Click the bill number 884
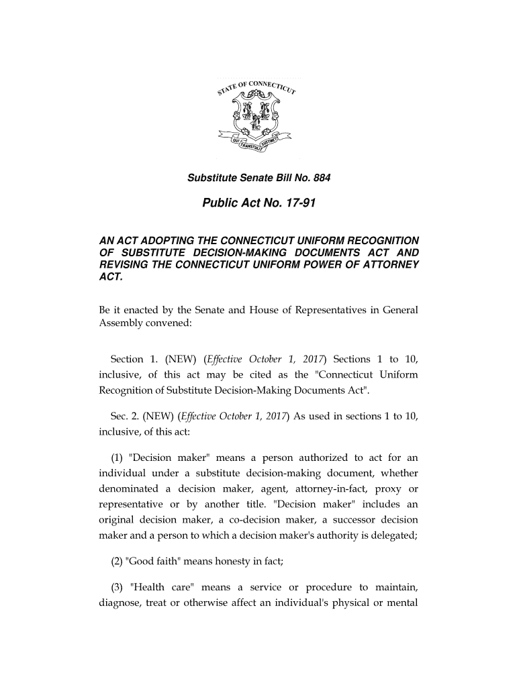321,179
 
